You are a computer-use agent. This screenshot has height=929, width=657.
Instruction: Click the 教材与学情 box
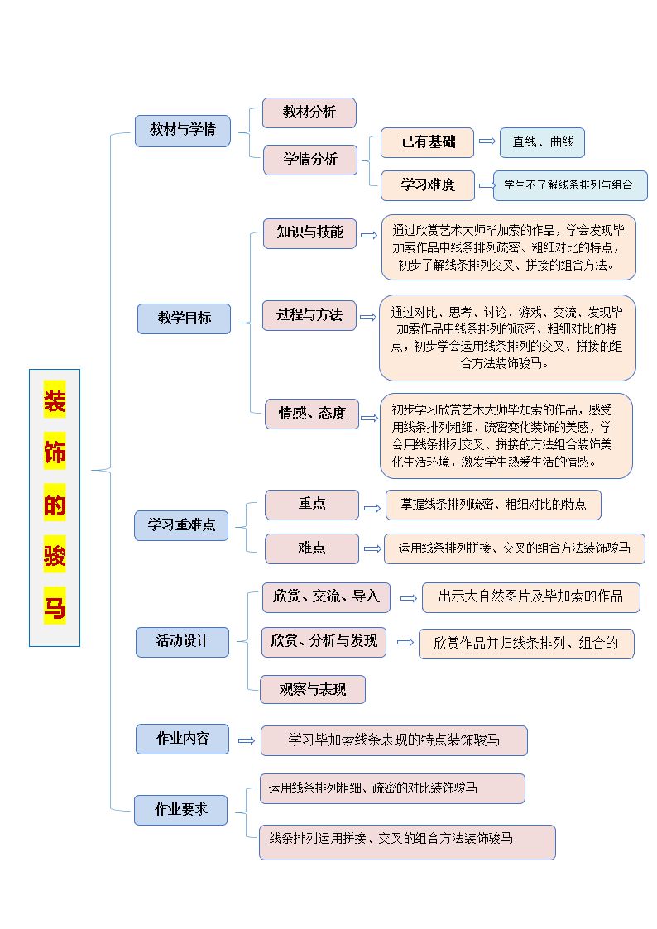click(x=183, y=131)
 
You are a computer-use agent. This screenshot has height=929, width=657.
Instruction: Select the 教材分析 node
click(x=309, y=113)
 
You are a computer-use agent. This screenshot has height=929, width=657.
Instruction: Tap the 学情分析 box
click(x=310, y=160)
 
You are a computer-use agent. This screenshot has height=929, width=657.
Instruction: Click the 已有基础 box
click(x=427, y=142)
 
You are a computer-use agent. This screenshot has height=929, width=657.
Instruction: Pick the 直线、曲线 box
click(x=542, y=142)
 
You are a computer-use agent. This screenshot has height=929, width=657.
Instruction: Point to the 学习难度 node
click(x=427, y=185)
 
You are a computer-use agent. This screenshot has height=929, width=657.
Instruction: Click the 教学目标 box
click(x=185, y=318)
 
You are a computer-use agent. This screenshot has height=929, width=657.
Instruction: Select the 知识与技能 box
click(x=309, y=232)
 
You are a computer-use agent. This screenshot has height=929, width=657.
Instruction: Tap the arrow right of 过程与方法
click(x=368, y=317)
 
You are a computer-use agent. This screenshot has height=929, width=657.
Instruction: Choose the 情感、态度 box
click(x=312, y=414)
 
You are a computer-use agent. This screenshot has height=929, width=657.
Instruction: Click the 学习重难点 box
click(x=181, y=525)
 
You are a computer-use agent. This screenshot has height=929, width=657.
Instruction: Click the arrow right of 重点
click(x=372, y=508)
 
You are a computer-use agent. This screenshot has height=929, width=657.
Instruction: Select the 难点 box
click(x=312, y=548)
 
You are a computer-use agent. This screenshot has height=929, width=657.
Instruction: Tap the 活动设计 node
click(x=183, y=642)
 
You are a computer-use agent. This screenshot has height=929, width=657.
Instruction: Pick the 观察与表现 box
click(x=313, y=690)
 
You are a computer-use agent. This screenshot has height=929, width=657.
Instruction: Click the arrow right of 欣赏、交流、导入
click(x=409, y=598)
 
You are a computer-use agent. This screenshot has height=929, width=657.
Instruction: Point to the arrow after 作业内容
click(x=247, y=740)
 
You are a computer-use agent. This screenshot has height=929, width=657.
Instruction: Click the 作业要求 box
click(x=180, y=810)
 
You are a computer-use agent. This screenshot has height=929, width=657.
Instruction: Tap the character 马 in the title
click(x=55, y=607)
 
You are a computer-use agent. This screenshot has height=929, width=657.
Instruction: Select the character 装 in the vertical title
click(x=55, y=401)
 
